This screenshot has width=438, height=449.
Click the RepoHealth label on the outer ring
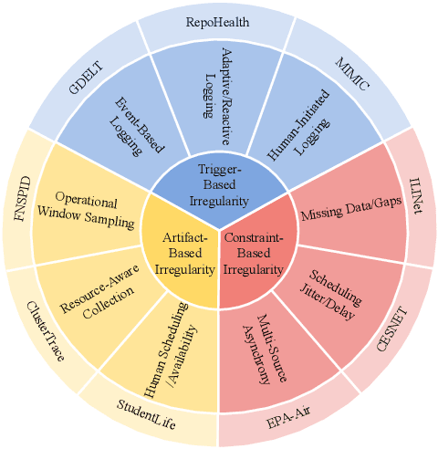coord(218,19)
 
